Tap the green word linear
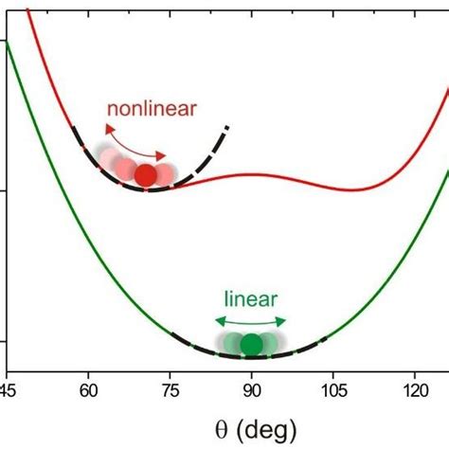pyautogui.click(x=251, y=299)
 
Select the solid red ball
pyautogui.click(x=145, y=175)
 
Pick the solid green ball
pyautogui.click(x=251, y=345)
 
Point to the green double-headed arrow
pyautogui.click(x=250, y=322)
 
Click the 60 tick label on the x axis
pyautogui.click(x=88, y=388)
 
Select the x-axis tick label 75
pyautogui.click(x=170, y=388)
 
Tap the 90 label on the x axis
pyautogui.click(x=251, y=388)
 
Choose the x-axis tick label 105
pyautogui.click(x=332, y=388)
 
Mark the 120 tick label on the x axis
pyautogui.click(x=414, y=388)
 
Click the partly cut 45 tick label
pyautogui.click(x=7, y=388)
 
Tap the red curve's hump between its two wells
pyautogui.click(x=251, y=175)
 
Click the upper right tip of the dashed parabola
pyautogui.click(x=227, y=126)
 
